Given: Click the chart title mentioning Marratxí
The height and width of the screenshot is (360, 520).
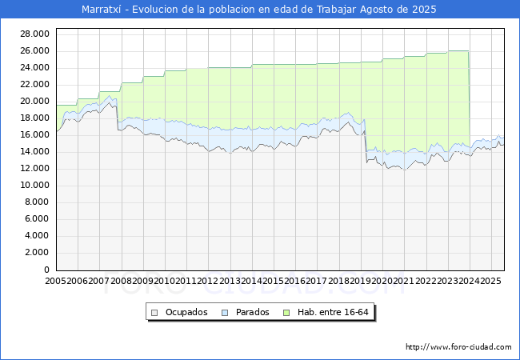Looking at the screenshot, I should (x=259, y=10).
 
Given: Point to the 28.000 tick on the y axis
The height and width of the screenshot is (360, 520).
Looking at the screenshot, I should (x=36, y=34).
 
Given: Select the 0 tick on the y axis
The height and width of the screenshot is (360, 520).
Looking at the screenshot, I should (x=48, y=270).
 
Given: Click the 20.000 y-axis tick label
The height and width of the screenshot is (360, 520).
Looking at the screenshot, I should (x=36, y=101).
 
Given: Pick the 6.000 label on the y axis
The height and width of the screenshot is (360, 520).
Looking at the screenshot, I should (x=38, y=219).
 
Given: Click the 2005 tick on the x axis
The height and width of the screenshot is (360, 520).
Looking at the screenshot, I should (x=56, y=282).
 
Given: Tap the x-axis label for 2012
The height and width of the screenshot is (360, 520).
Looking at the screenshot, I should (x=207, y=282).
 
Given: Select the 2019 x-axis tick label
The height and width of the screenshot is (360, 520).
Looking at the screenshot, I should (x=360, y=282).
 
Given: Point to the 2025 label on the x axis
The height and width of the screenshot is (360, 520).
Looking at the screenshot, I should (x=490, y=282).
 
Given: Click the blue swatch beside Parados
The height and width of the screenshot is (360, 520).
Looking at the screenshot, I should (x=226, y=312).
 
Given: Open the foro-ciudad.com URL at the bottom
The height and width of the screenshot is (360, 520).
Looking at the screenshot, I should (x=458, y=347).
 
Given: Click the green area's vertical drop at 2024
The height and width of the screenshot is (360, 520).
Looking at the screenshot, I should (x=469, y=96).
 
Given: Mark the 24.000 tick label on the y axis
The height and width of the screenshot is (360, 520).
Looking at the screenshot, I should (x=36, y=67).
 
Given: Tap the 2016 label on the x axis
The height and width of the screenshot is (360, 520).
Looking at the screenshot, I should (x=294, y=282).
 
